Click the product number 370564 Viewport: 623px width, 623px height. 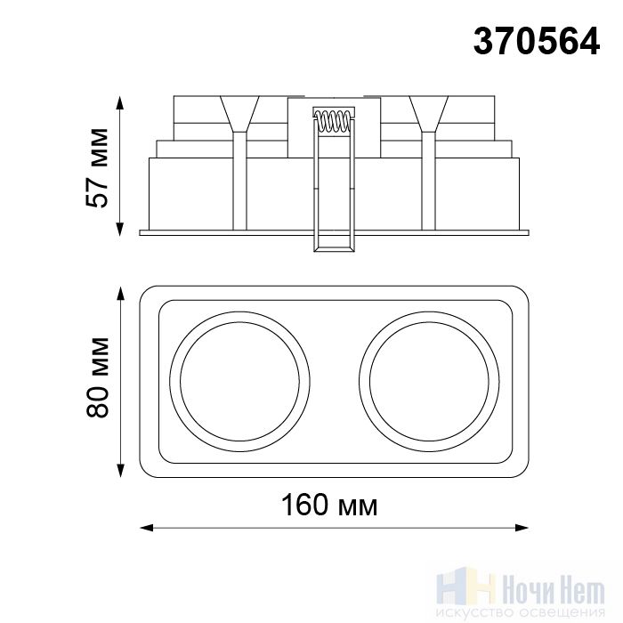(537, 42)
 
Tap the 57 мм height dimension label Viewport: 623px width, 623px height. (96, 167)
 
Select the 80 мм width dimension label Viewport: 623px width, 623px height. (97, 377)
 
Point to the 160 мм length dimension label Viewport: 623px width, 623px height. (329, 505)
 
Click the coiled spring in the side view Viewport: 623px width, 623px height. (334, 121)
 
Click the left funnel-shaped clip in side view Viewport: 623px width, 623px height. (239, 114)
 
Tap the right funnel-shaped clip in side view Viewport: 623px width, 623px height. (429, 114)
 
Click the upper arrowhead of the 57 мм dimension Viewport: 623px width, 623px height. (119, 102)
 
